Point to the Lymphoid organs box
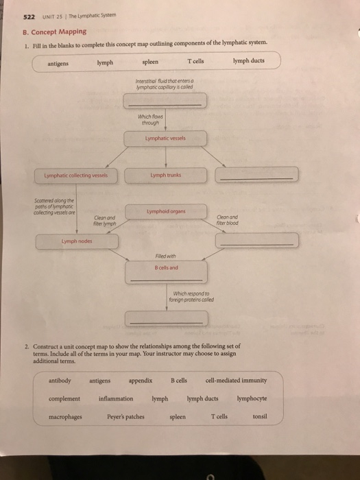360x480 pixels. coord(164,213)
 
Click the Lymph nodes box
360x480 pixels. coord(78,241)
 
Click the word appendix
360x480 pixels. coord(140,380)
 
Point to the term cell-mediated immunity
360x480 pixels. coord(236,380)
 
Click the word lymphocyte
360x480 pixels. coord(252,398)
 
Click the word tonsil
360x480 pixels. coord(259,416)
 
